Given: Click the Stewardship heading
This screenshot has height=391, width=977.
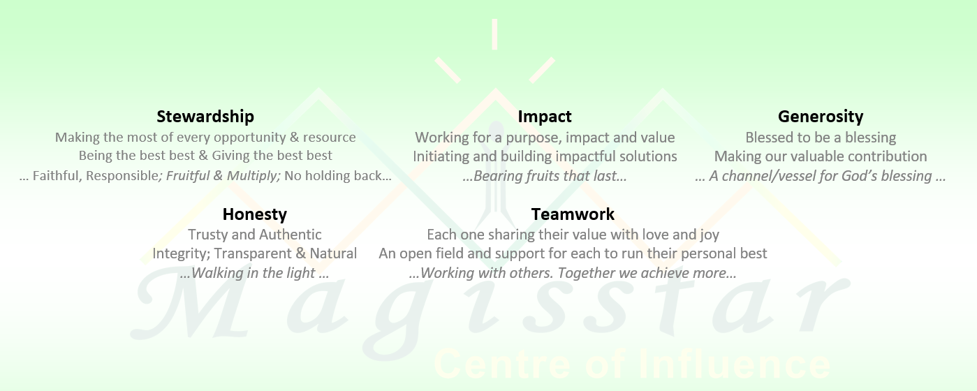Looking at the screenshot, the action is point(205,117).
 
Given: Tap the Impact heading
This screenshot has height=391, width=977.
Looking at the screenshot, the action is point(545,117).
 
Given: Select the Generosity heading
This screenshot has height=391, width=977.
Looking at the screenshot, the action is point(821,117).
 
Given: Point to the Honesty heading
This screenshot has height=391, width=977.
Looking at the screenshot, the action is point(255,214).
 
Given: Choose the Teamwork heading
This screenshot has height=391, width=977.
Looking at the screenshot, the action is point(573,214).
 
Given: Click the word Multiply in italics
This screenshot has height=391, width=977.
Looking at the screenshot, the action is point(253,176).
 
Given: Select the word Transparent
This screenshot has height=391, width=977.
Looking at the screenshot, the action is point(253,253).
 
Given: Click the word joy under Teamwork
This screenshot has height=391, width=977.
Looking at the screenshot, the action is point(710,235).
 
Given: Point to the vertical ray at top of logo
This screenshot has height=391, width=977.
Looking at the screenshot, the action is point(494,34).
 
